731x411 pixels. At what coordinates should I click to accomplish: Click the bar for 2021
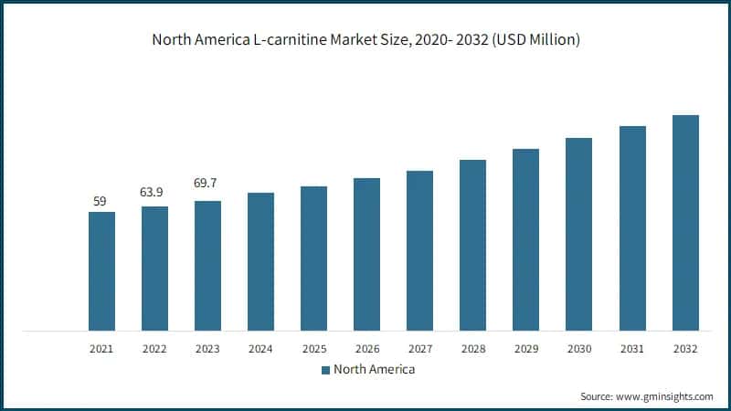[101, 270]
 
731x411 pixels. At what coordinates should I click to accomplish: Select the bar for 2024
[260, 261]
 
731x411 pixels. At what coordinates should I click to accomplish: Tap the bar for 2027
[419, 249]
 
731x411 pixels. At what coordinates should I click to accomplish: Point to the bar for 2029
[525, 238]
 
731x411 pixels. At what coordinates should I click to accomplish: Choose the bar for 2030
[578, 233]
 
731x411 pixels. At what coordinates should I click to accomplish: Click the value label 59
[101, 200]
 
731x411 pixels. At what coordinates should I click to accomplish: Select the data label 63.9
[154, 194]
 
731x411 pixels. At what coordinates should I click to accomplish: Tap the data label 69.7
[207, 184]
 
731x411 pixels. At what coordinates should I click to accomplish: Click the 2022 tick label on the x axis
[154, 349]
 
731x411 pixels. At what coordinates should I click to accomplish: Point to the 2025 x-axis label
[313, 349]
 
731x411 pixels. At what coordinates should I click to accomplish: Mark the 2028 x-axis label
[472, 349]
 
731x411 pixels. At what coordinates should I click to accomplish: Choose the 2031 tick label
[631, 349]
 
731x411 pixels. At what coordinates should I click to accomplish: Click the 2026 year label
[366, 349]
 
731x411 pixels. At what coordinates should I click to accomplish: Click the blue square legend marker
[324, 370]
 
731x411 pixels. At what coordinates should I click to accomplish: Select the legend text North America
[374, 370]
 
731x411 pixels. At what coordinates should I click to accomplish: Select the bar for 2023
[207, 265]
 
